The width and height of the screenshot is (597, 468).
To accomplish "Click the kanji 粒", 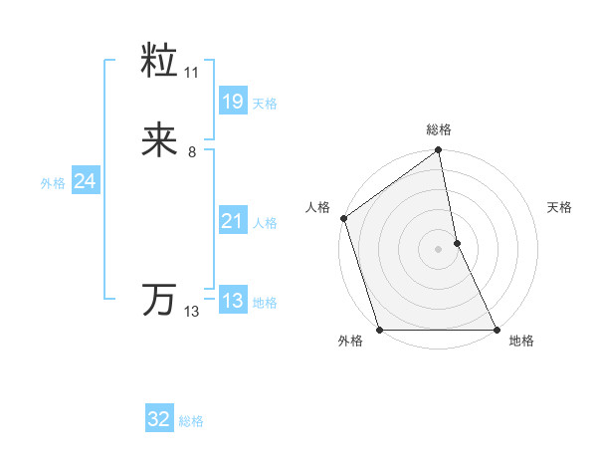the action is pos(160,63).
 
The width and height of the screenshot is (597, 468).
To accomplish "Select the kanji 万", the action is pos(160,299).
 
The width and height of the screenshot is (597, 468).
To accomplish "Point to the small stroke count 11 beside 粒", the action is pos(192,73).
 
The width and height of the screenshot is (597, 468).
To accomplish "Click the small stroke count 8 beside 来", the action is pos(192,152).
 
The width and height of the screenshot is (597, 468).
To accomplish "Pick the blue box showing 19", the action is pos(232,101).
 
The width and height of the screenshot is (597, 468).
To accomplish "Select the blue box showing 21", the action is pos(232,221).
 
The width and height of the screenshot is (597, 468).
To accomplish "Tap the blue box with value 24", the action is pos(86,181).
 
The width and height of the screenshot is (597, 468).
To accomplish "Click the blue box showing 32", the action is pos(159,419).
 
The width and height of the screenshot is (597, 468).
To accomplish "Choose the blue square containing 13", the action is pos(232,301).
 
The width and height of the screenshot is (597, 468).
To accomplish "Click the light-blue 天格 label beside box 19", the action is pos(265,104).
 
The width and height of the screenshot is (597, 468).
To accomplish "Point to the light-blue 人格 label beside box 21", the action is pos(265,223).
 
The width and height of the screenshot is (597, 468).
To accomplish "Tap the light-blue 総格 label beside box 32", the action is pos(191,421).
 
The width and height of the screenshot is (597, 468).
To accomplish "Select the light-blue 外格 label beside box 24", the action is pos(53,183).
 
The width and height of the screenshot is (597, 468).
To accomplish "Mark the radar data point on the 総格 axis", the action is pos(439,152).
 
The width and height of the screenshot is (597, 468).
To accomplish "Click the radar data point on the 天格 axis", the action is pos(457,243).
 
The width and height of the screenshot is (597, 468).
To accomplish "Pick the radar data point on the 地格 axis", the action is pos(496,329).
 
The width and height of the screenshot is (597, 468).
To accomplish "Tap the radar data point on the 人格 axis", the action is pos(344,218).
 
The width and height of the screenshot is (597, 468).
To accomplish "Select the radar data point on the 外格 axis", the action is pos(380,329).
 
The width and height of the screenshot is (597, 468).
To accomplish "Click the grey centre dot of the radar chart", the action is pos(439,249).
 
